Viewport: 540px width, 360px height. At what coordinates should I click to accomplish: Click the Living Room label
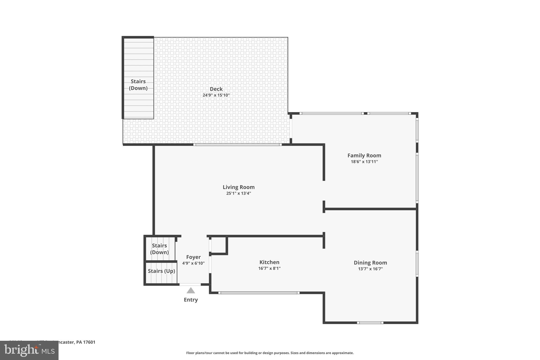[238, 187]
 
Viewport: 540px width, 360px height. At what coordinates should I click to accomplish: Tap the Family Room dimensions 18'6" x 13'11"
[364, 162]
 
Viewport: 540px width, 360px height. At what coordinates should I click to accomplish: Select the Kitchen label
[269, 262]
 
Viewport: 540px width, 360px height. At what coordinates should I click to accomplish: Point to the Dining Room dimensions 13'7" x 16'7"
[370, 269]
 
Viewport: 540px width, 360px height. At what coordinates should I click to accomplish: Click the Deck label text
[216, 89]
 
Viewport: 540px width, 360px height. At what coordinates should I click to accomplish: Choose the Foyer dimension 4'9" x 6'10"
[193, 263]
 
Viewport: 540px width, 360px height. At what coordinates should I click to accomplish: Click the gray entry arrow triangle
[191, 291]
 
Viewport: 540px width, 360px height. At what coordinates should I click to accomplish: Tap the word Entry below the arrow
[191, 300]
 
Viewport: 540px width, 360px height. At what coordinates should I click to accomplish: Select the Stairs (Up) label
[161, 271]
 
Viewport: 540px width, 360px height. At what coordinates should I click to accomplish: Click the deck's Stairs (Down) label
[138, 85]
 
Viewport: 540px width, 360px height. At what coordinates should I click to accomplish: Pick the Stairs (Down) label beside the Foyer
[159, 249]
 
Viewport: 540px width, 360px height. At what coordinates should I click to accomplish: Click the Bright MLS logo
[29, 350]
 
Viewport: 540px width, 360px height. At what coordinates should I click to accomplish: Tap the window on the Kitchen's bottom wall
[259, 293]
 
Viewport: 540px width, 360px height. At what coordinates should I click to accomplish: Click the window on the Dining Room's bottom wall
[370, 323]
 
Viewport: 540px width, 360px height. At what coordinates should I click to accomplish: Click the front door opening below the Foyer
[190, 284]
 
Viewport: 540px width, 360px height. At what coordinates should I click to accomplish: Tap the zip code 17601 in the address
[89, 342]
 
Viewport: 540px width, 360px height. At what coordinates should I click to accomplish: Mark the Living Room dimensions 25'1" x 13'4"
[238, 193]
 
